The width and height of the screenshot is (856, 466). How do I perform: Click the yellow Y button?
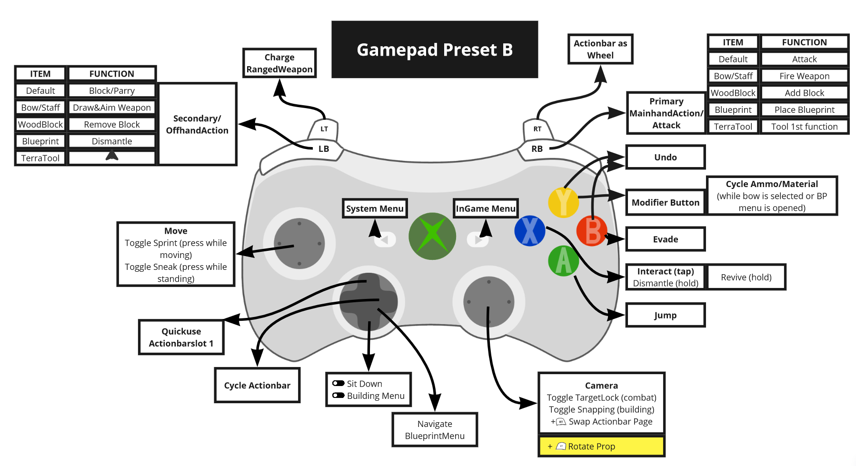[x=563, y=202]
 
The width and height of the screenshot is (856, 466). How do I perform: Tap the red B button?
[x=591, y=231]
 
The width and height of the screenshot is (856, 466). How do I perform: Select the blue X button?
[x=529, y=231]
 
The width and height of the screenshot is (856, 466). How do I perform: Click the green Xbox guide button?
[x=432, y=236]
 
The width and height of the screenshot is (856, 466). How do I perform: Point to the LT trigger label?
[x=324, y=129]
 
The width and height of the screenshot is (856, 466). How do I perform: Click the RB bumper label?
[x=537, y=149]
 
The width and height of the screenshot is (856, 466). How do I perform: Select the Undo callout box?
[x=665, y=157]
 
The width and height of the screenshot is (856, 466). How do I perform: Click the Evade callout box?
[x=665, y=239]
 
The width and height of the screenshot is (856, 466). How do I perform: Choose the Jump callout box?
[x=665, y=315]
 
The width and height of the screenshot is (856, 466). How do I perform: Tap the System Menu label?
[x=375, y=208]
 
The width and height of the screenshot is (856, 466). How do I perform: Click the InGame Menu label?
[x=486, y=208]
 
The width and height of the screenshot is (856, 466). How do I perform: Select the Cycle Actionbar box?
[x=257, y=385]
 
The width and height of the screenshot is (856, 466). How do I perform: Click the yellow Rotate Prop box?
[x=601, y=446]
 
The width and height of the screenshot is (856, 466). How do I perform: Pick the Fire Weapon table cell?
[x=804, y=76]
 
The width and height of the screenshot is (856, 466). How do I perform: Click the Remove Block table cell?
[x=112, y=125]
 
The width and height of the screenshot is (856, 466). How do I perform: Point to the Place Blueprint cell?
[x=804, y=110]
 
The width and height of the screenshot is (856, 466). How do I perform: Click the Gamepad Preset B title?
[x=435, y=50]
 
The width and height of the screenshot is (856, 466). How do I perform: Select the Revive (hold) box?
[x=746, y=277]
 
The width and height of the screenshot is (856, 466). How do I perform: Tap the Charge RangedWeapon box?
[x=279, y=63]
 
